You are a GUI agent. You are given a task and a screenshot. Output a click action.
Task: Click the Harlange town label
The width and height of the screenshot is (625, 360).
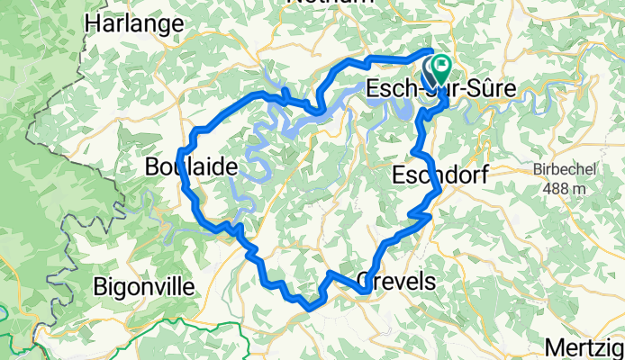tap(132, 24)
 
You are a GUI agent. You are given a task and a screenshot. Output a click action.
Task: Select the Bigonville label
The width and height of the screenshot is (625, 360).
tap(145, 288)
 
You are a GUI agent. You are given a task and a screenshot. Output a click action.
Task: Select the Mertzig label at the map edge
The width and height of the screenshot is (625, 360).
tap(585, 346)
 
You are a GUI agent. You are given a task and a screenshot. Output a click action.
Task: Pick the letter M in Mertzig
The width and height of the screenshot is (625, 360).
tap(555, 346)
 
